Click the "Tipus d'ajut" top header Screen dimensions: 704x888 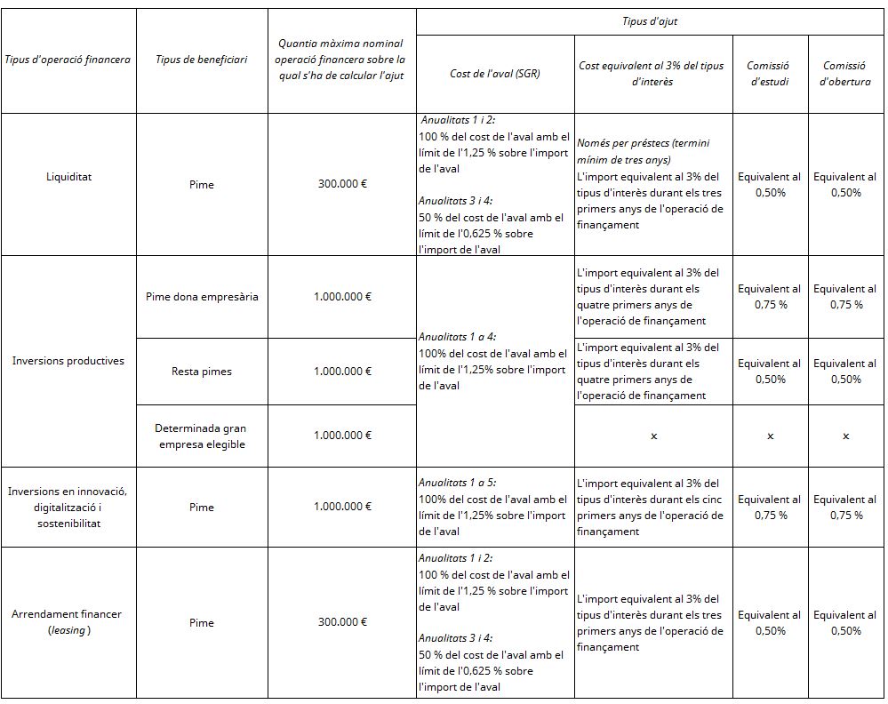(651, 21)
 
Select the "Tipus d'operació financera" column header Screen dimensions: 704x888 (68, 60)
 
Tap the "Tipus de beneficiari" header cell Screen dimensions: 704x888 (202, 60)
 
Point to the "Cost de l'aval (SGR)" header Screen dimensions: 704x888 (495, 74)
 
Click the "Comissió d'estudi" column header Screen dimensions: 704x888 (770, 74)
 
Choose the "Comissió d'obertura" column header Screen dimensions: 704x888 (845, 74)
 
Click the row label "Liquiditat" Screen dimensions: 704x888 (68, 176)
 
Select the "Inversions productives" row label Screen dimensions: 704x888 (68, 361)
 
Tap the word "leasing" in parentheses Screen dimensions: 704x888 (68, 630)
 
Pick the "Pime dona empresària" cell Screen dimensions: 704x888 (202, 297)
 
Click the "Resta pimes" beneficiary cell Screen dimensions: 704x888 (202, 372)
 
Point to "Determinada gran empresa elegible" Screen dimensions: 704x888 (202, 436)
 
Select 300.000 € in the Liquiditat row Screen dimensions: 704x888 (342, 184)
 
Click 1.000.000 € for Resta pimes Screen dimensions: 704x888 (342, 372)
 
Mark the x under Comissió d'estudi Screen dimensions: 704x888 (770, 436)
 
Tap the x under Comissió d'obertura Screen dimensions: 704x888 (845, 436)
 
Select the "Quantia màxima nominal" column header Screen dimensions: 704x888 (341, 43)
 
